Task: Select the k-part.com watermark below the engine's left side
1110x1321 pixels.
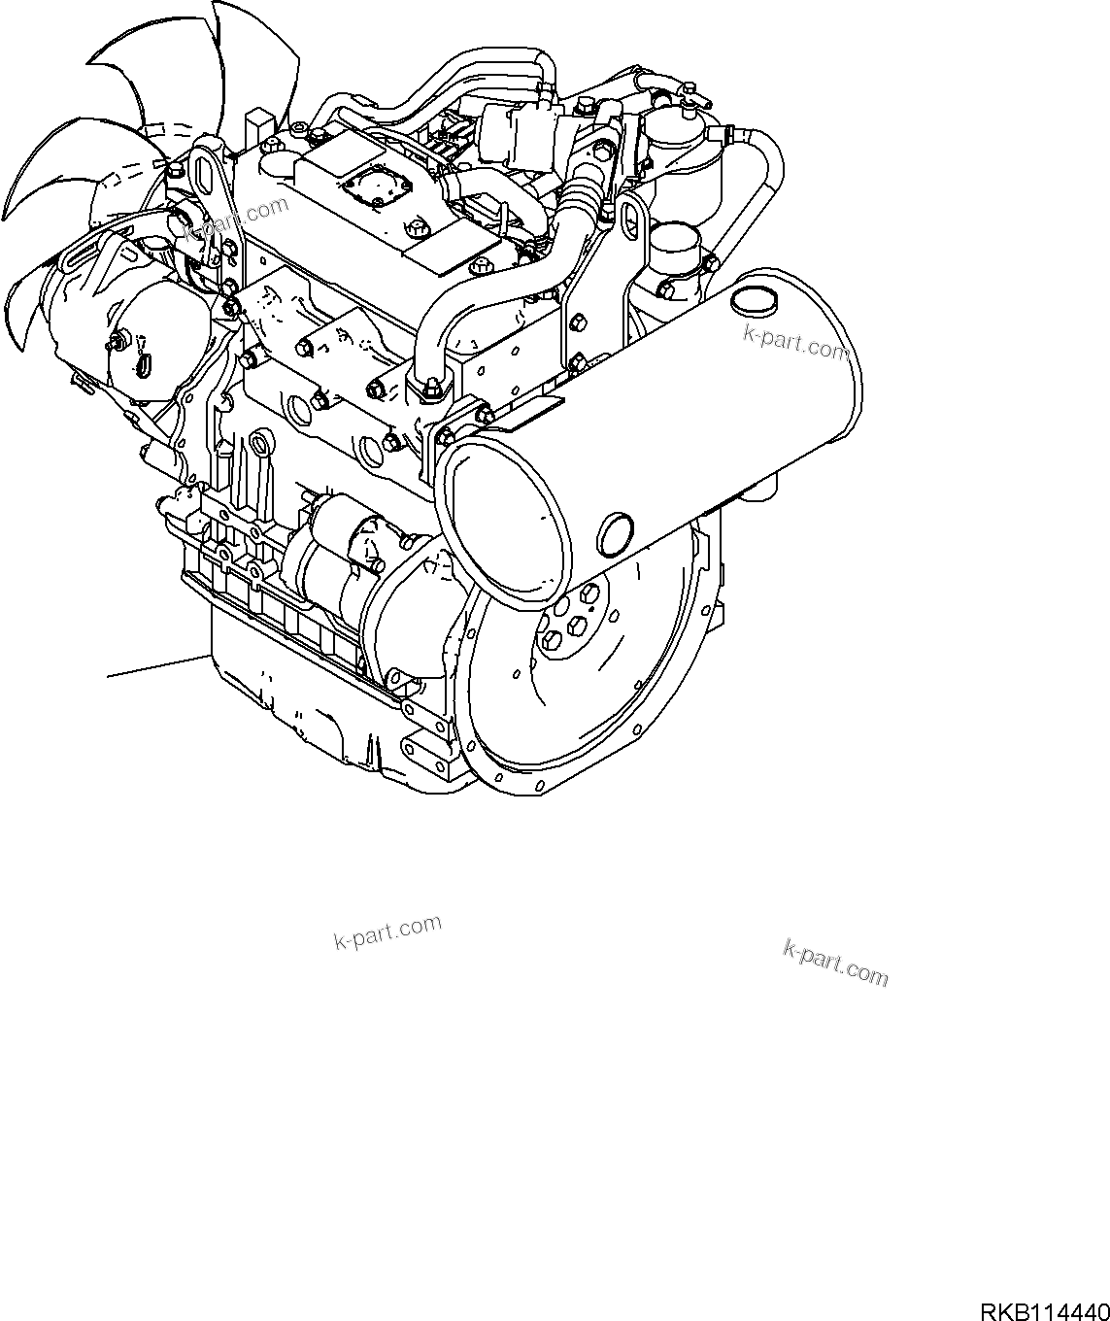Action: point(387,932)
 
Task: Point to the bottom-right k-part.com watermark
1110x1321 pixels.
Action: point(835,962)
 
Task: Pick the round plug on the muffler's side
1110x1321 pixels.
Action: point(616,532)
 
